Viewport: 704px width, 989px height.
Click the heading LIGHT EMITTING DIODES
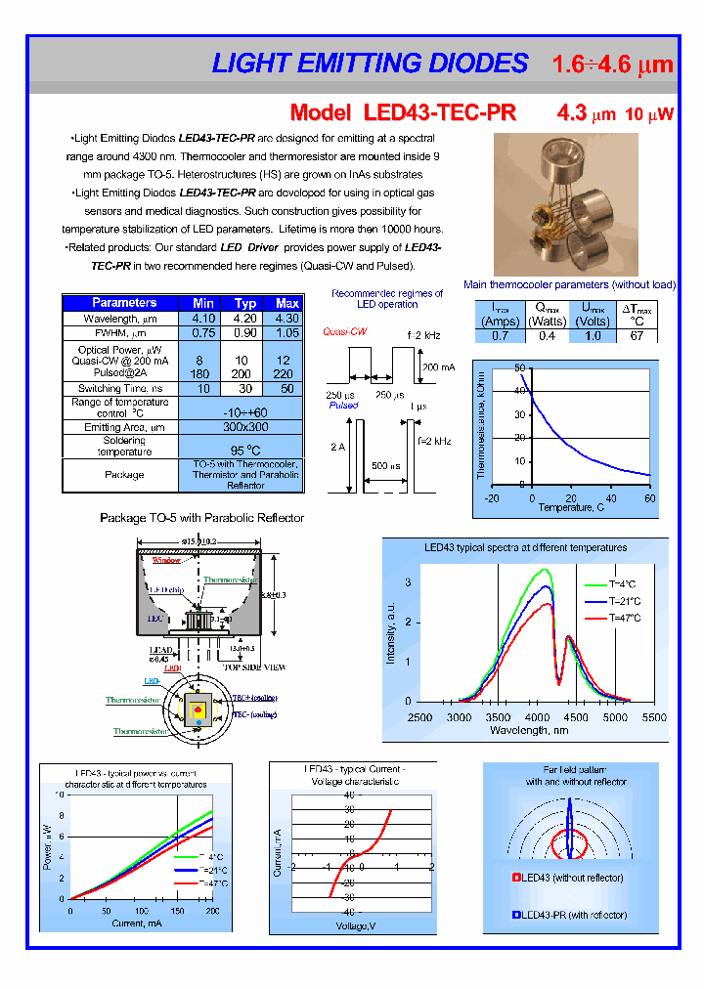coord(370,64)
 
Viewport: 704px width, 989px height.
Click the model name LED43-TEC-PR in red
coord(404,113)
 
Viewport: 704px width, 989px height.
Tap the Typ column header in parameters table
coord(245,303)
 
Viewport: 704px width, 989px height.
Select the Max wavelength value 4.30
coord(287,319)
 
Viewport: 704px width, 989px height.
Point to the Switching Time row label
coord(119,388)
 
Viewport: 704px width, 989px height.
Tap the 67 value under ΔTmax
coord(637,336)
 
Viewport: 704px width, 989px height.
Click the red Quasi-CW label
coord(345,331)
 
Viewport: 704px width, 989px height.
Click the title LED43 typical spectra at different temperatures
coord(525,548)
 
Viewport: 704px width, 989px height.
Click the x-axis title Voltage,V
coord(358,924)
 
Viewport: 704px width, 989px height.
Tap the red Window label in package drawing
coord(165,561)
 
